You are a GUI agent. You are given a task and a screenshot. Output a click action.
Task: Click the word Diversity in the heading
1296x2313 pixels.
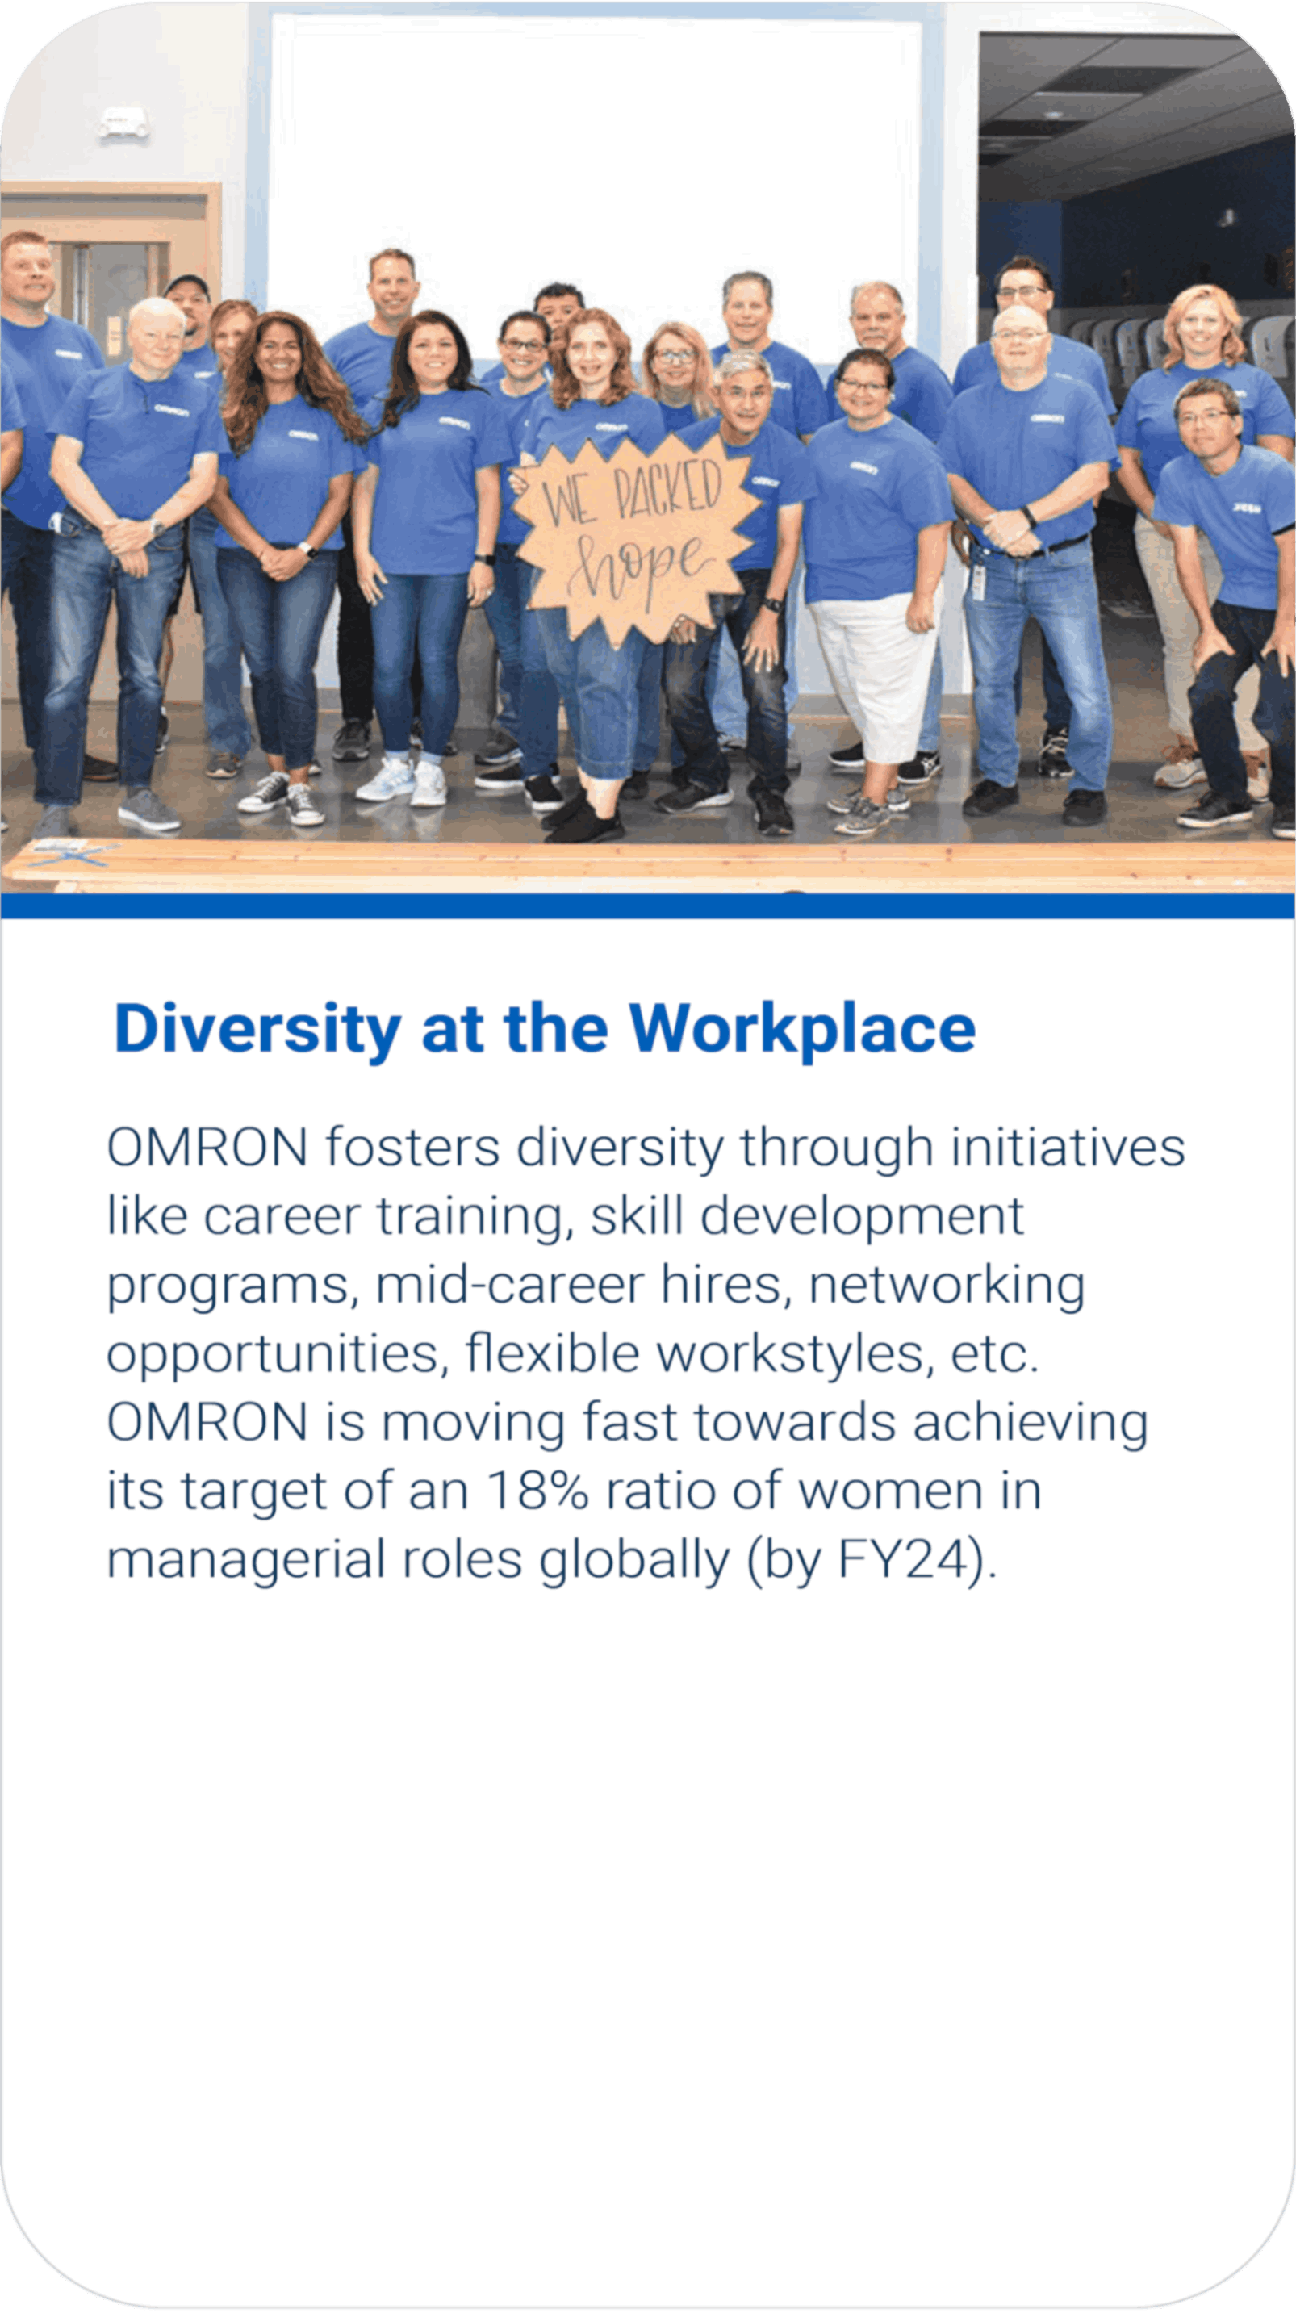click(x=257, y=1030)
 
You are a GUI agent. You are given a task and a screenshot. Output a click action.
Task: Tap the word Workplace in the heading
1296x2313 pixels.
click(x=802, y=1030)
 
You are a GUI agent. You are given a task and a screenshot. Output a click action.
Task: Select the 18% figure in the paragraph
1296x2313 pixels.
click(x=537, y=1491)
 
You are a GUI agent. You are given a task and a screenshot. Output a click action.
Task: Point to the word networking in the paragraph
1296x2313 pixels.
click(x=947, y=1286)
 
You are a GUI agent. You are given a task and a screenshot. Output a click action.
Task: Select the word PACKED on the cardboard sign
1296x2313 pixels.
click(x=667, y=490)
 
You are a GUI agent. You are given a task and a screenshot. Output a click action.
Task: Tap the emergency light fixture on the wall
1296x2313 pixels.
click(x=123, y=121)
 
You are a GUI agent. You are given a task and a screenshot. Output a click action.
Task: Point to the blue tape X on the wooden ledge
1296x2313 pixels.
click(x=72, y=854)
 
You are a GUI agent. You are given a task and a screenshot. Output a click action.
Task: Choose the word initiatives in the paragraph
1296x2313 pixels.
click(x=1068, y=1148)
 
